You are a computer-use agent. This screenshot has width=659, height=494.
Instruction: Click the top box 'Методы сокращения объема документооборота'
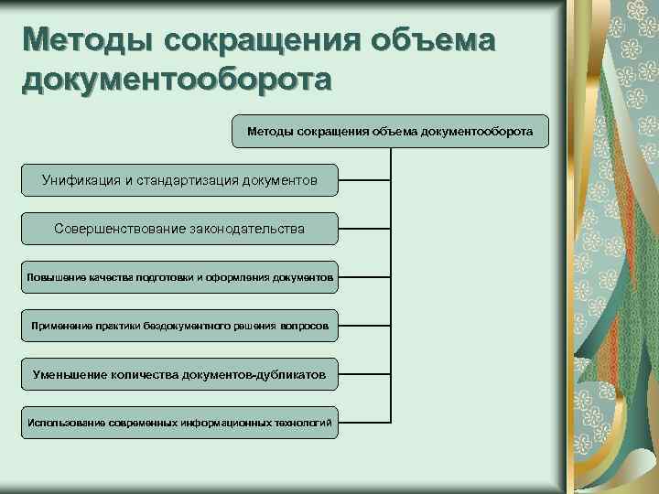[x=390, y=132]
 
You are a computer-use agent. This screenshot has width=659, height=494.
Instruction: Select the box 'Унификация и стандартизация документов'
[x=179, y=180]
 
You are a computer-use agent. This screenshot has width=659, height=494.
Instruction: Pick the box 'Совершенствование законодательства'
[x=179, y=229]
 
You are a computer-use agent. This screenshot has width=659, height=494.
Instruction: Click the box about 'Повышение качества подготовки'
[x=179, y=276]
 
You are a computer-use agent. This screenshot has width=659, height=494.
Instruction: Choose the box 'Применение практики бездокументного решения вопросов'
[x=179, y=325]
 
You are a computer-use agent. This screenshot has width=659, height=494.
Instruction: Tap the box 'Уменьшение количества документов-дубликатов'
[x=179, y=373]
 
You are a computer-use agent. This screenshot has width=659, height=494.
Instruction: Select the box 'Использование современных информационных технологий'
[x=179, y=422]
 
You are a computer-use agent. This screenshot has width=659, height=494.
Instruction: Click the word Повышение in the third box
[x=53, y=276]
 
